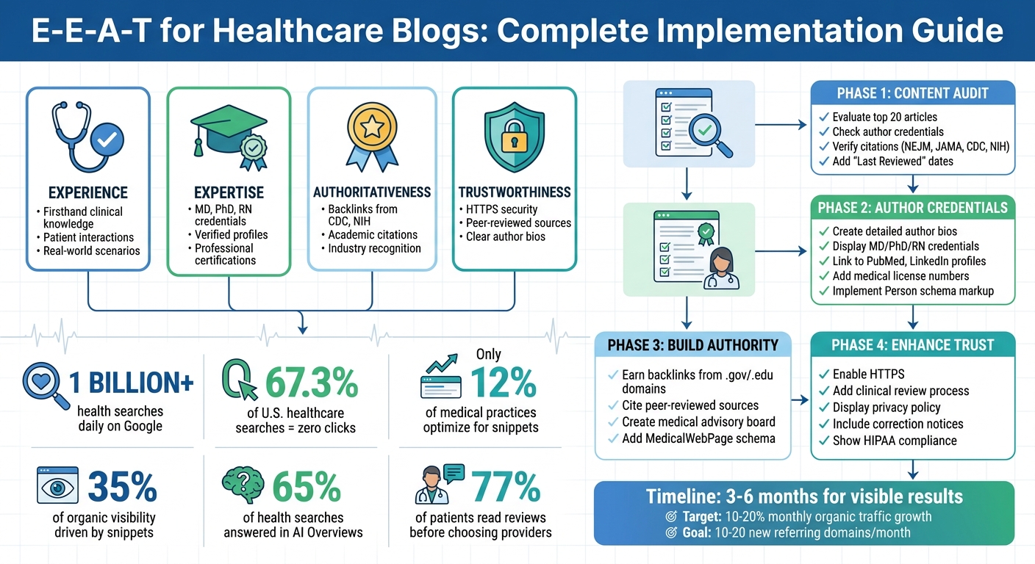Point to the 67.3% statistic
pos(311,383)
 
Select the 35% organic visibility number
pos(122,486)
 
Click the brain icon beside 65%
pos(243,485)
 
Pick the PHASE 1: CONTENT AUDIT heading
pos(912,93)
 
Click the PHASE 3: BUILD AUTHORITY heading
pos(693,344)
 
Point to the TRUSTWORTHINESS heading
pos(515,192)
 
